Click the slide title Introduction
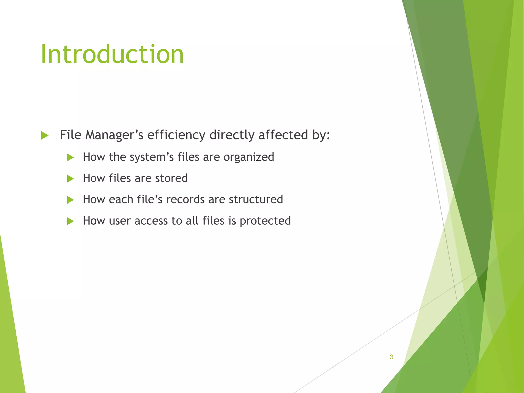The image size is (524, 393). pyautogui.click(x=112, y=54)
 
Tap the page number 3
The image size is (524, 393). pyautogui.click(x=391, y=357)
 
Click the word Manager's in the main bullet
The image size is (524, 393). pyautogui.click(x=114, y=135)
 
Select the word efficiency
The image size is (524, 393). pyautogui.click(x=176, y=135)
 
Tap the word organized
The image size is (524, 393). pyautogui.click(x=249, y=157)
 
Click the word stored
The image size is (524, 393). pyautogui.click(x=171, y=178)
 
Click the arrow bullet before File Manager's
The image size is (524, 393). pyautogui.click(x=45, y=135)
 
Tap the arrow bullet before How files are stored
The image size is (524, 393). pyautogui.click(x=70, y=179)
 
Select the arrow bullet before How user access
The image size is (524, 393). pyautogui.click(x=70, y=221)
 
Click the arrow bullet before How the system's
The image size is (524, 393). pyautogui.click(x=70, y=157)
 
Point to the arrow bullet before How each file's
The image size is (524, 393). pyautogui.click(x=70, y=200)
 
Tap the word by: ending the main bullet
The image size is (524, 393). pyautogui.click(x=321, y=135)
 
